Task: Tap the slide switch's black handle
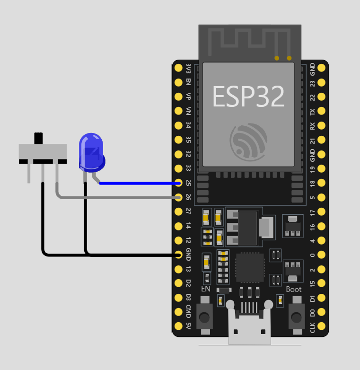click(39, 139)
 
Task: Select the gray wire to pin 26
click(118, 197)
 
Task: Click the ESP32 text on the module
click(248, 97)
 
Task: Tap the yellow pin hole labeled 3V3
click(178, 68)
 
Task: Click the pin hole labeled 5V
click(178, 326)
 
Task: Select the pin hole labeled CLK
click(322, 326)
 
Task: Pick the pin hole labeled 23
click(322, 82)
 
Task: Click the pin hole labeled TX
click(322, 111)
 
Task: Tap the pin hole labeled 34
click(178, 125)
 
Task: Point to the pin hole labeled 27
click(178, 211)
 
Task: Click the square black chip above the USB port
click(250, 268)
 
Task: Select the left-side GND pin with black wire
click(178, 255)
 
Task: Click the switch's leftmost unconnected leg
click(29, 173)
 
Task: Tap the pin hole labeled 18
click(322, 183)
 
